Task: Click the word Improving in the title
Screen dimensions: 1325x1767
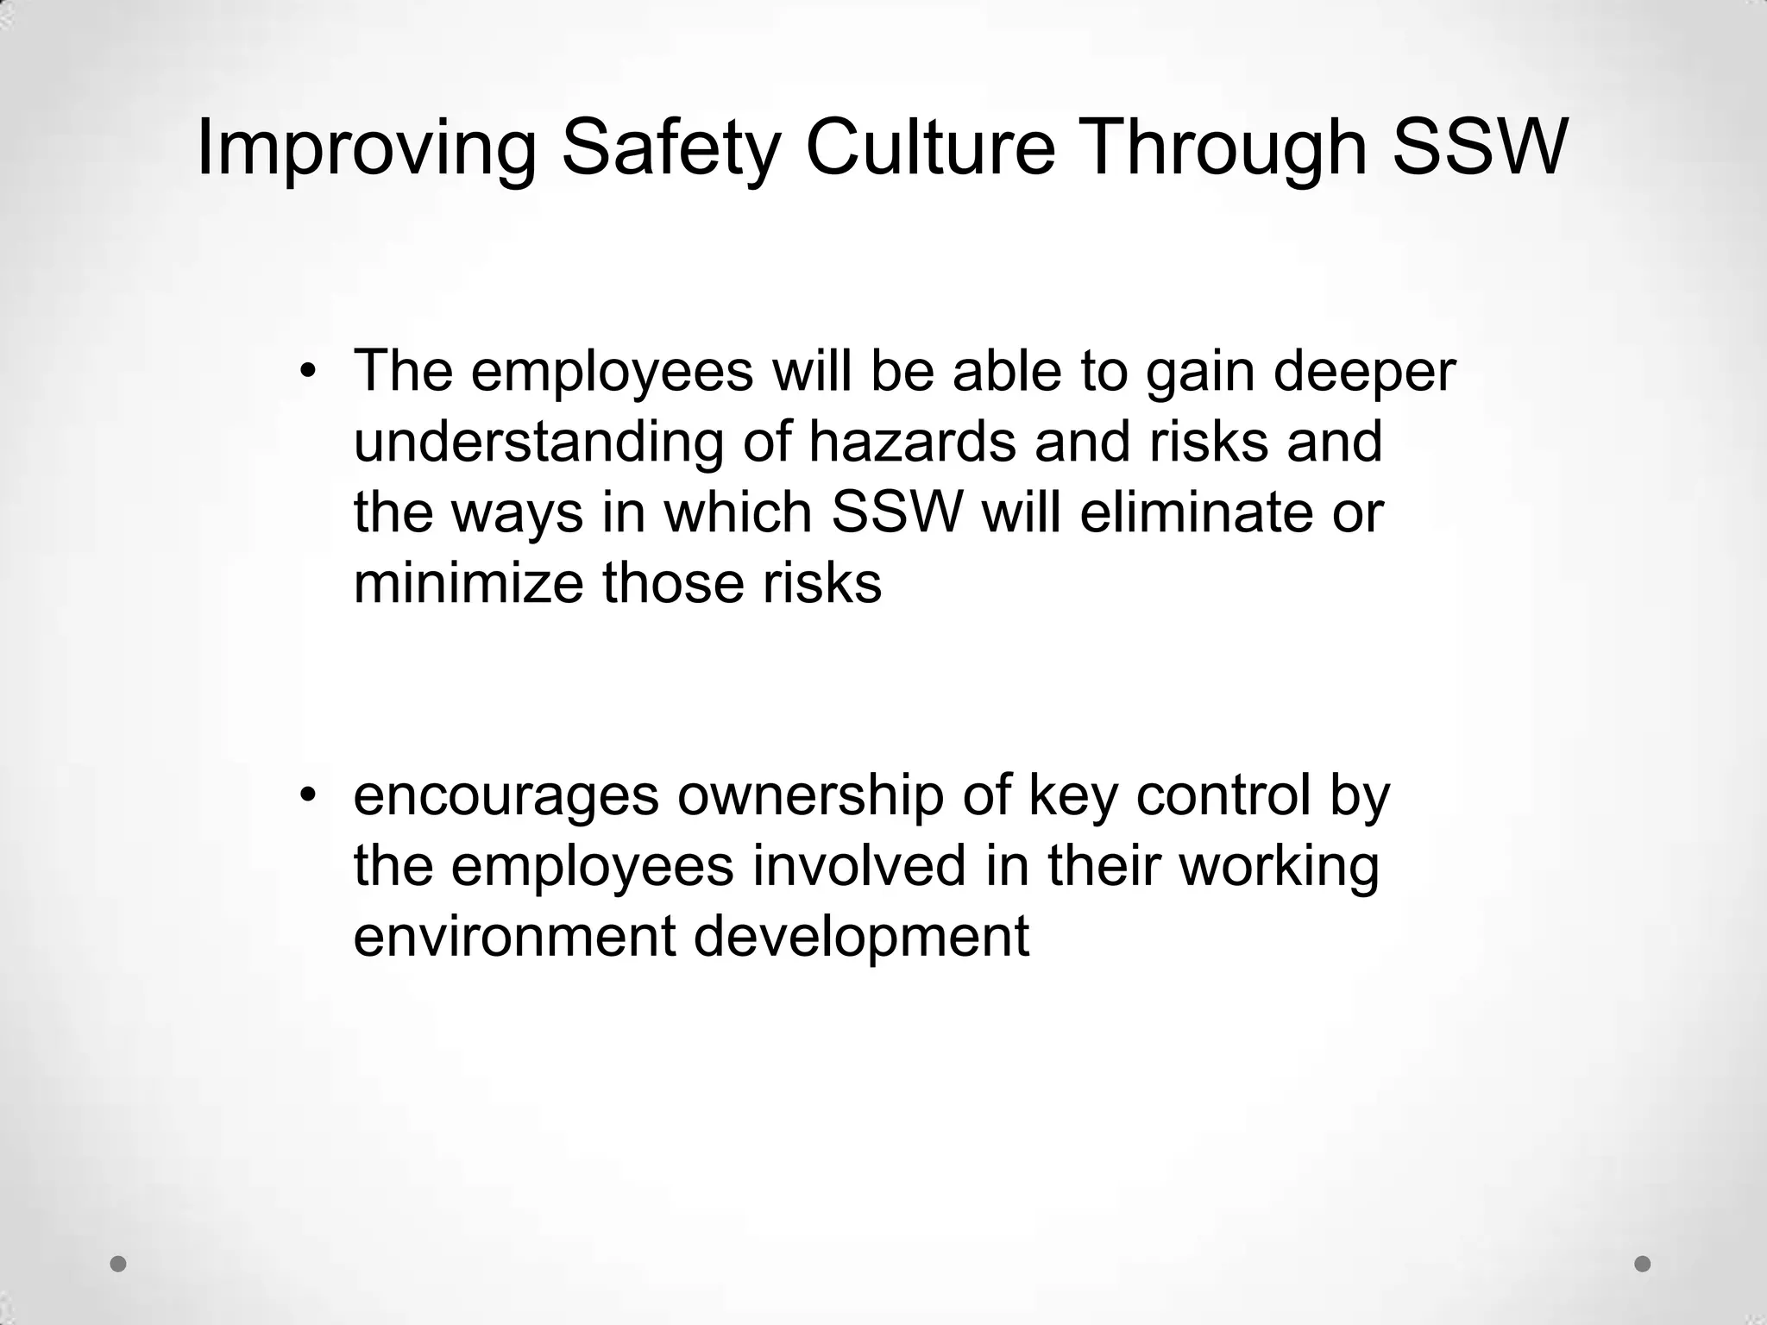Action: [366, 148]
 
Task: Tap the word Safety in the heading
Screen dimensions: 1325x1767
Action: [670, 148]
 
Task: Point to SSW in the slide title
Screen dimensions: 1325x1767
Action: [1478, 148]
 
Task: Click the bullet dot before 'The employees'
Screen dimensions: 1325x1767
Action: [308, 373]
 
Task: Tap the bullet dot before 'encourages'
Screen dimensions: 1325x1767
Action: [308, 794]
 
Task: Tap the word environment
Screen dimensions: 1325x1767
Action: [514, 937]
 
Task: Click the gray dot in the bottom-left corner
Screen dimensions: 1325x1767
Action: [119, 1264]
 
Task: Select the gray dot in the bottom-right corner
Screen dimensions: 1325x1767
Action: [1643, 1264]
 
